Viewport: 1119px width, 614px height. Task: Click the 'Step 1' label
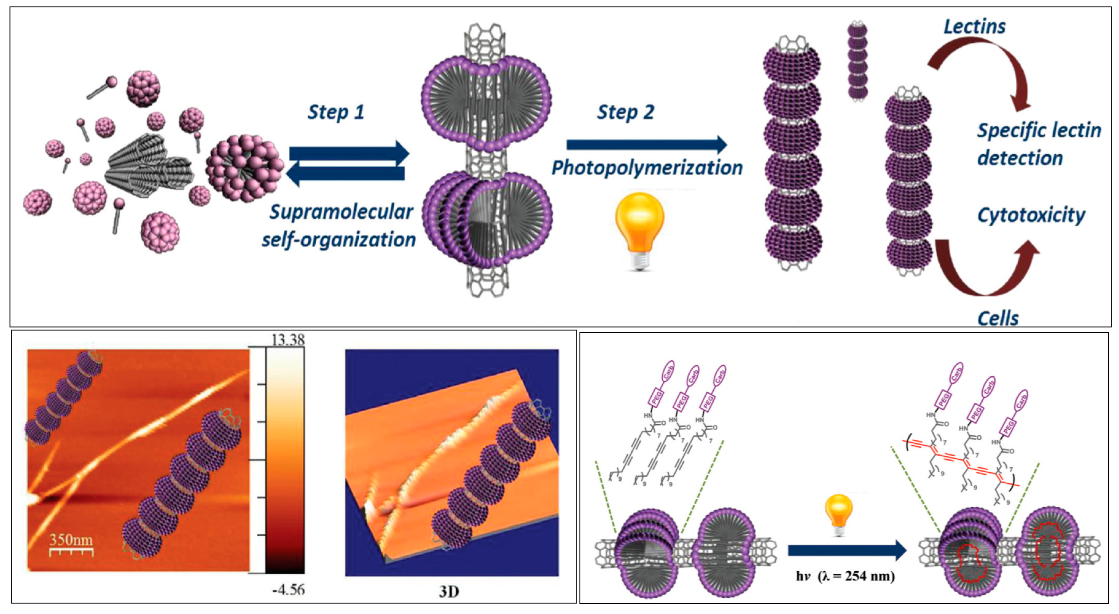(x=336, y=113)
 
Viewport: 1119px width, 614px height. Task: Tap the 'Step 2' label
(x=625, y=113)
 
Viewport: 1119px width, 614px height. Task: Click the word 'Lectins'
(x=974, y=27)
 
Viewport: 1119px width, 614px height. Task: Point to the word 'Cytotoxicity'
(x=1031, y=215)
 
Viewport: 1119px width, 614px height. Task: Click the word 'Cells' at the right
(x=997, y=318)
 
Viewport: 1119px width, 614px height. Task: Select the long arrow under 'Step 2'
(x=646, y=145)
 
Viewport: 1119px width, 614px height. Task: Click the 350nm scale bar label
(x=71, y=540)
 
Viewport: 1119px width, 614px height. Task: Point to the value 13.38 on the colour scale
(x=287, y=340)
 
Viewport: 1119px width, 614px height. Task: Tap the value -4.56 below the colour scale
(x=288, y=590)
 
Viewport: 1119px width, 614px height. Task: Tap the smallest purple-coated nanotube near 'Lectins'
(x=857, y=61)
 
